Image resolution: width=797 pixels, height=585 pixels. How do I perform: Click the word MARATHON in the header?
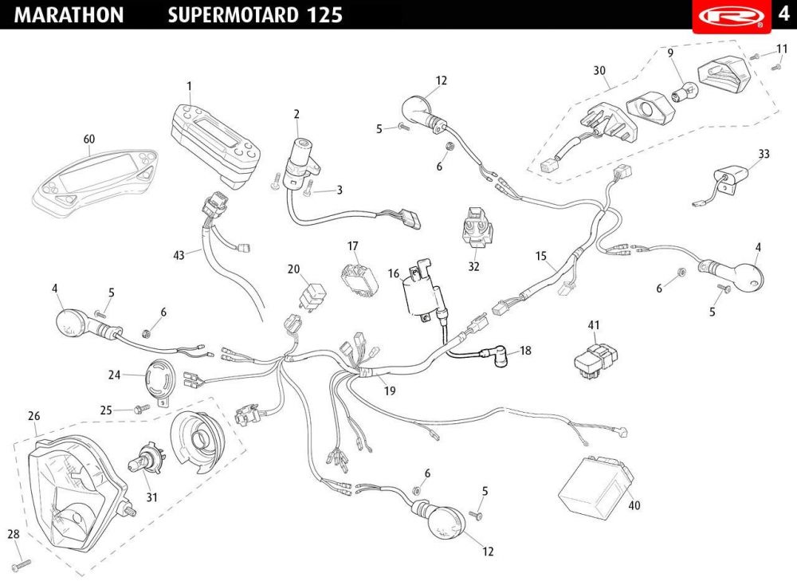pyautogui.click(x=69, y=15)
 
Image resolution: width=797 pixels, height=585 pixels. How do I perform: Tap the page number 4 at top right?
pyautogui.click(x=783, y=15)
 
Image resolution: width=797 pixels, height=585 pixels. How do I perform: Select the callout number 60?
pyautogui.click(x=89, y=139)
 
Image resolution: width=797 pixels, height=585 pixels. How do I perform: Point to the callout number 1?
pyautogui.click(x=190, y=85)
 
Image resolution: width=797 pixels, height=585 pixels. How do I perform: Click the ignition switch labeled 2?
pyautogui.click(x=302, y=155)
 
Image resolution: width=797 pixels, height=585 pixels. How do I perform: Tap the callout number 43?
pyautogui.click(x=179, y=255)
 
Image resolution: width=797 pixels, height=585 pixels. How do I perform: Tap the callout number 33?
pyautogui.click(x=764, y=154)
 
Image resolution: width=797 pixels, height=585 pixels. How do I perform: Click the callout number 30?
pyautogui.click(x=600, y=70)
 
